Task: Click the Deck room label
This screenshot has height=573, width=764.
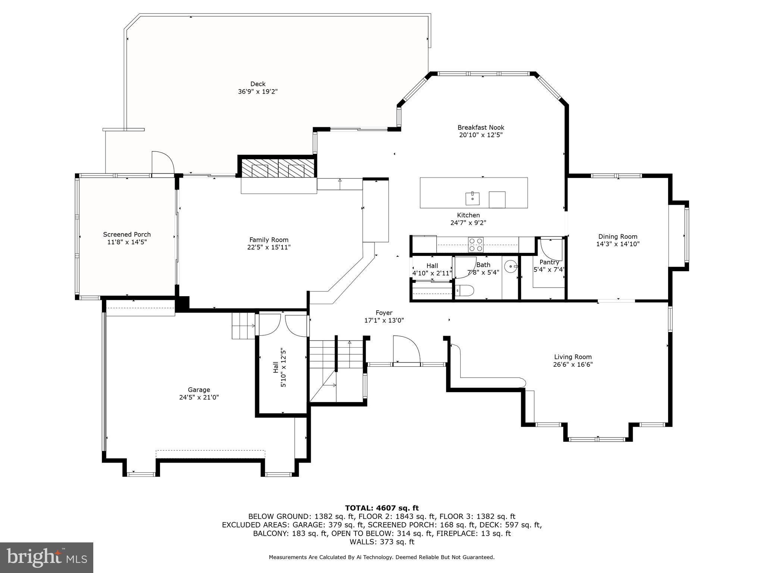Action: coord(258,84)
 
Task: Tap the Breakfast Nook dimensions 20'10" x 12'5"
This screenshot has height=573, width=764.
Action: coord(481,135)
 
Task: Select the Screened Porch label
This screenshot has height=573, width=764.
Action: coord(127,234)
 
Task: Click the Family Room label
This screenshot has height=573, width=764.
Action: coord(269,240)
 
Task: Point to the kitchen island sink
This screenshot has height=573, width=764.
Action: coord(472,198)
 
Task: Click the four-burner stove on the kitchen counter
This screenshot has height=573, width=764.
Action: coord(476,245)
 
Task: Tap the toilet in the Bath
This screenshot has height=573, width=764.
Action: coord(464,290)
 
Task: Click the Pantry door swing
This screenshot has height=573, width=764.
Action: coord(552,249)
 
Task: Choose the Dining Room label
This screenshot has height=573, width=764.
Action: coord(617,237)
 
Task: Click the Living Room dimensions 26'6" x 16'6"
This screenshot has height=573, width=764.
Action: coord(573,364)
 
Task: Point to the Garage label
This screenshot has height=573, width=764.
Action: coord(199,390)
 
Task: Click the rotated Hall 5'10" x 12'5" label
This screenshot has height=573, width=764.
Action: coord(279,367)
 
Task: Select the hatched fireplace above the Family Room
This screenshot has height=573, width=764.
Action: coord(278,169)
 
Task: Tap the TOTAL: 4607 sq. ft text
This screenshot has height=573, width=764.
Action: coord(382,508)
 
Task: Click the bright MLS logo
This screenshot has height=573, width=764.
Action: coord(46,557)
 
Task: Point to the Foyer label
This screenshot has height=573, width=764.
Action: coord(383,313)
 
